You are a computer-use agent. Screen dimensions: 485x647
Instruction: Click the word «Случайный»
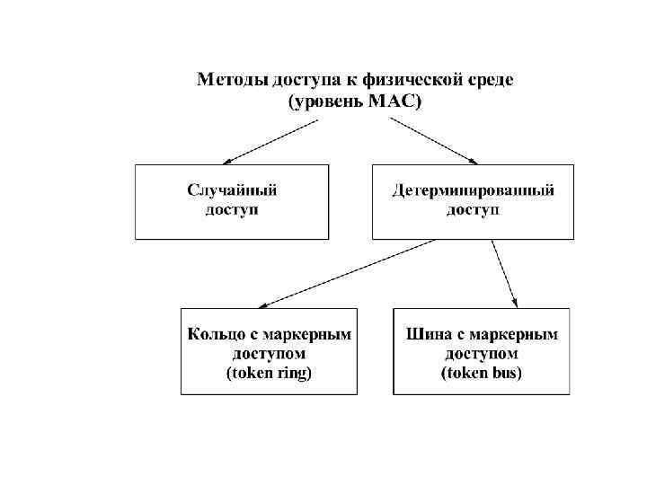231,190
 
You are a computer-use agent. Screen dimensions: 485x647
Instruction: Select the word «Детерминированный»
473,190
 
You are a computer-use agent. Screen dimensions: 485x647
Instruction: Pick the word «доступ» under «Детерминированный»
473,210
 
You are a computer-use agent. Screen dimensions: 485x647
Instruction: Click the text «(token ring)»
269,373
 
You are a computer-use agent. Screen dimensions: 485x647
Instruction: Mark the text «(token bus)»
482,373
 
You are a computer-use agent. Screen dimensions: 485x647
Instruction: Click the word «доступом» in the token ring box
269,354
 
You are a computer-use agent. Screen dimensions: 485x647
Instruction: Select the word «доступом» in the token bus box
482,354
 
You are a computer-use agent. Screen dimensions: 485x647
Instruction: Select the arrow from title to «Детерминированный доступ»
436,141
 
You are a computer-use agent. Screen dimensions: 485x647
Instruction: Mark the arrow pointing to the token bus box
505,273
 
